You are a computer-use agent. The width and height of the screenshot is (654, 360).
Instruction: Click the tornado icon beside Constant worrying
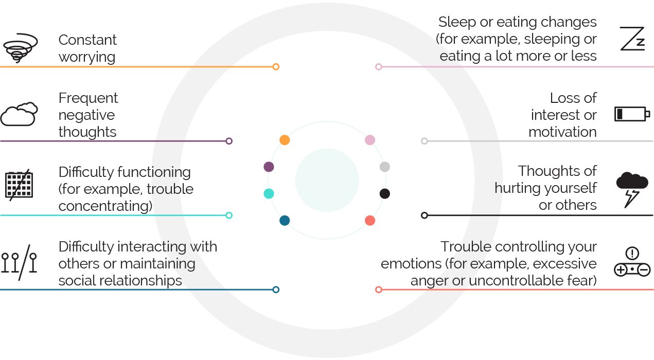point(20,47)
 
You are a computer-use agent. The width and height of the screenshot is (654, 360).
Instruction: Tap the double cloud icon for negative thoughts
point(19,114)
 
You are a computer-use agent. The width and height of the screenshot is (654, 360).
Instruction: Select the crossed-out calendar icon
point(19,185)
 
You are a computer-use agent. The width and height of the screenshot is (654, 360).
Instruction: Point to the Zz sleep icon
point(632,39)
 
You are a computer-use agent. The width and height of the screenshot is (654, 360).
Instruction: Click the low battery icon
point(632,114)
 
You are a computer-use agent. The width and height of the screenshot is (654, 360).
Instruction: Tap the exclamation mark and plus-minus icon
point(632,262)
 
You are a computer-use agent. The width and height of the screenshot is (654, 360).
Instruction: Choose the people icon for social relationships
point(19,262)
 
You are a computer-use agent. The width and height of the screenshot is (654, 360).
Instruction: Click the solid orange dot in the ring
point(285,140)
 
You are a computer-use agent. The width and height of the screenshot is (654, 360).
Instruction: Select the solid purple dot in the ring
point(269,167)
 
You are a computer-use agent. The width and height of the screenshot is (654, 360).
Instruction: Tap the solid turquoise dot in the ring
point(269,194)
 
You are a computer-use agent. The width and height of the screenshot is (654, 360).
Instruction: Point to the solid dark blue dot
point(285,221)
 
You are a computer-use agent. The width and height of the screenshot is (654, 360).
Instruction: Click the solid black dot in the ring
point(385,194)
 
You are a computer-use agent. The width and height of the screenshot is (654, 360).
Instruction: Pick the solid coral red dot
point(370,221)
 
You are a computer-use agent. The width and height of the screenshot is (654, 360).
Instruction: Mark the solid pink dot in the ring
point(370,140)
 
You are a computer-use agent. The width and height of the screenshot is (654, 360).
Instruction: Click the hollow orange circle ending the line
point(276,67)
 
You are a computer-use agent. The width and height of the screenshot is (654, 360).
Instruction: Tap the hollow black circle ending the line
point(425,215)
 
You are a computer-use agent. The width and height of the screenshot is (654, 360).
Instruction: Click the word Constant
point(87,40)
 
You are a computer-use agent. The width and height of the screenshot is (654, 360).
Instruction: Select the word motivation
point(562,132)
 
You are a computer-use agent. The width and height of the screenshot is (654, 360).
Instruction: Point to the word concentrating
point(105,206)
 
